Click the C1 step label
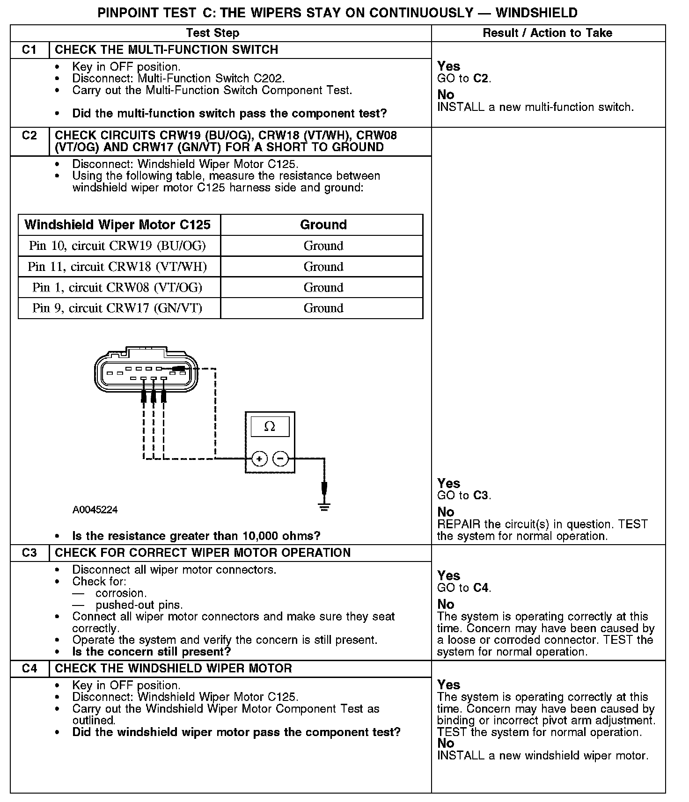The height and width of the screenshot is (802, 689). (x=29, y=50)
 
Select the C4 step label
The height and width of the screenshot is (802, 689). (x=29, y=669)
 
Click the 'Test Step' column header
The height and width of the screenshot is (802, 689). (x=213, y=33)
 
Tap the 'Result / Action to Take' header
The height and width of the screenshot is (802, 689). (x=547, y=33)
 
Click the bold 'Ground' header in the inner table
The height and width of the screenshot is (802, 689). (x=323, y=225)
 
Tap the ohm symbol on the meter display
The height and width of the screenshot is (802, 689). (x=270, y=426)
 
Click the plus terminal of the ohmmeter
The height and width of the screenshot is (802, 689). (x=259, y=459)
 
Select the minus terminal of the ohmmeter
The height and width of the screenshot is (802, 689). (x=280, y=459)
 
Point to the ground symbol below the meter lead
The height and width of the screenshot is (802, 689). (x=324, y=506)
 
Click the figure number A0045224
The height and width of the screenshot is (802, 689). (x=95, y=510)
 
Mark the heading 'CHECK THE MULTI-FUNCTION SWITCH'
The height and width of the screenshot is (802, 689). (x=167, y=50)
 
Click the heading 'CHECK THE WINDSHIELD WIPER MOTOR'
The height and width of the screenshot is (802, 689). (x=173, y=669)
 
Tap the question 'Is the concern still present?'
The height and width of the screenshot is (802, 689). (x=152, y=652)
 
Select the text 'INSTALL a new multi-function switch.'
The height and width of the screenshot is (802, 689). (x=535, y=107)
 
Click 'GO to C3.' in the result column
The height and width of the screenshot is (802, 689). (x=464, y=495)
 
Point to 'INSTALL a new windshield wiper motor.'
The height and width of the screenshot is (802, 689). (x=543, y=756)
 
